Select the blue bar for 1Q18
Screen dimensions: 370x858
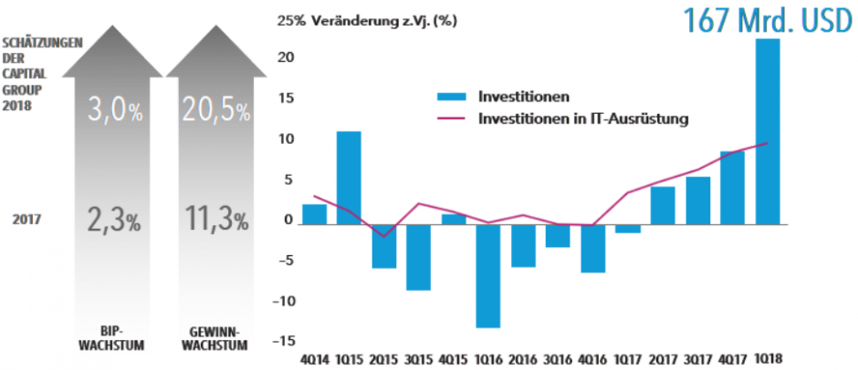click(769, 130)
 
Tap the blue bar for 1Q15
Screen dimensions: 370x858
click(349, 178)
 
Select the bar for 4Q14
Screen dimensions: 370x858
click(314, 213)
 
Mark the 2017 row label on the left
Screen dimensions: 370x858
click(30, 219)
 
